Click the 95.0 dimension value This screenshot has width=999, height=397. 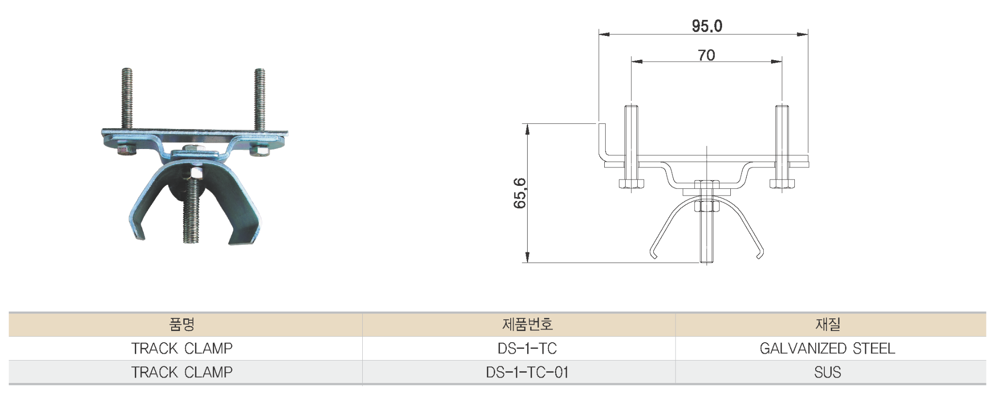707,26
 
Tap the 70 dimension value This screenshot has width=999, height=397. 707,55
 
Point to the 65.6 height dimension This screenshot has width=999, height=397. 519,193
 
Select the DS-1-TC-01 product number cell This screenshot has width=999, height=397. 527,372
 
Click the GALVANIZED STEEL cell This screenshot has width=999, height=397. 827,348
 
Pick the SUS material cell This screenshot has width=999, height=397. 827,372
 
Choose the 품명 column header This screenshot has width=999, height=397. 182,324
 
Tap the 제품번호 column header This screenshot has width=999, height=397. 527,324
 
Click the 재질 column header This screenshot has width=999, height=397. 827,324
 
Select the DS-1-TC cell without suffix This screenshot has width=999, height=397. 527,348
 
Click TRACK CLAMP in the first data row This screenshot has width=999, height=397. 182,348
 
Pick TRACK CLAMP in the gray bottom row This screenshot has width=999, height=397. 182,372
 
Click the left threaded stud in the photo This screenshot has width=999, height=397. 127,97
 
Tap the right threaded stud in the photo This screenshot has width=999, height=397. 260,97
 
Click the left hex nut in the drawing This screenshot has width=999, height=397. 631,184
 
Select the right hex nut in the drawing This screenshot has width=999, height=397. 782,184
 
